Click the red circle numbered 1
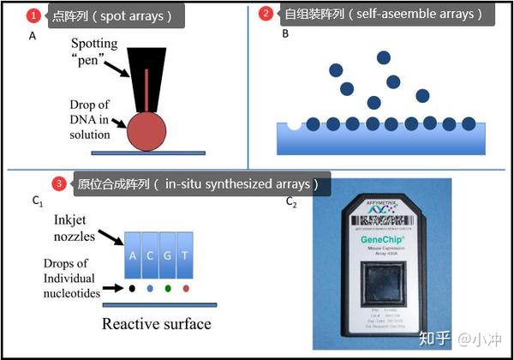[x=33, y=15]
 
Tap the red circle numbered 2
[x=266, y=14]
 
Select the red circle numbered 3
[x=58, y=183]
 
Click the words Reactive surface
[x=156, y=323]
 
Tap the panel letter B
[x=285, y=34]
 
